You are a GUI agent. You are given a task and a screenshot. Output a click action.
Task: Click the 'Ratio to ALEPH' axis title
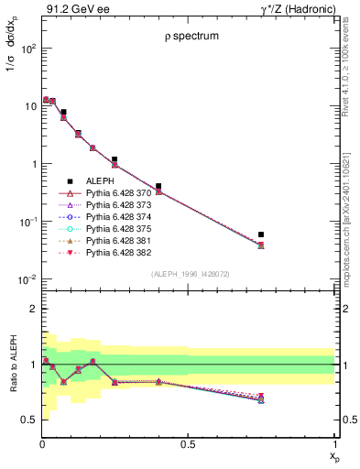point(12,364)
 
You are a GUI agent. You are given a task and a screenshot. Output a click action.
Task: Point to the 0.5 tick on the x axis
point(188,444)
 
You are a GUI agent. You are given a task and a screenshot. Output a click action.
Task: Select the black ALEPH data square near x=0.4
point(158,186)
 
